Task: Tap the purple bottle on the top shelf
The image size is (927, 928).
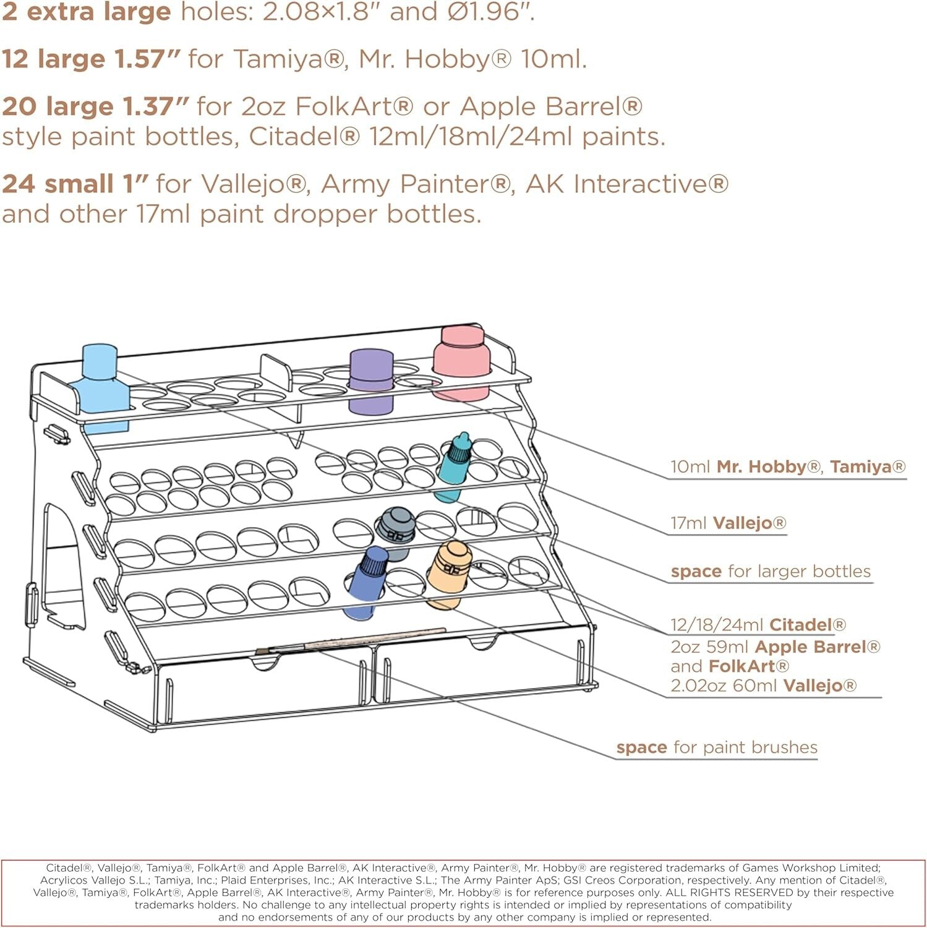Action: [x=371, y=380]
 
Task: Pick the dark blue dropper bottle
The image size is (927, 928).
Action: [x=367, y=582]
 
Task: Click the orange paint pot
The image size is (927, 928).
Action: [x=449, y=572]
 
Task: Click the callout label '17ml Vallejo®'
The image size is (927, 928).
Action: [x=728, y=523]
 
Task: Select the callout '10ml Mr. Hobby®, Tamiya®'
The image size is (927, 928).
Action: [x=788, y=466]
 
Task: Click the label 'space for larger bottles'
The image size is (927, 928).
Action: [x=771, y=571]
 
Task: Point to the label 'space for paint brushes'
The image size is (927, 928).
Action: [x=717, y=747]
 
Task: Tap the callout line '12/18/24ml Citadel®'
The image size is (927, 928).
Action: [x=758, y=625]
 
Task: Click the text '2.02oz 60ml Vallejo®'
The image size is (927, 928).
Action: [x=764, y=685]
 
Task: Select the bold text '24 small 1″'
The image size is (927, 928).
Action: [x=75, y=184]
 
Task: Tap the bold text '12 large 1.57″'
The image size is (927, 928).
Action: [x=91, y=59]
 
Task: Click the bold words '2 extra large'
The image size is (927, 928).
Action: [x=86, y=12]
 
